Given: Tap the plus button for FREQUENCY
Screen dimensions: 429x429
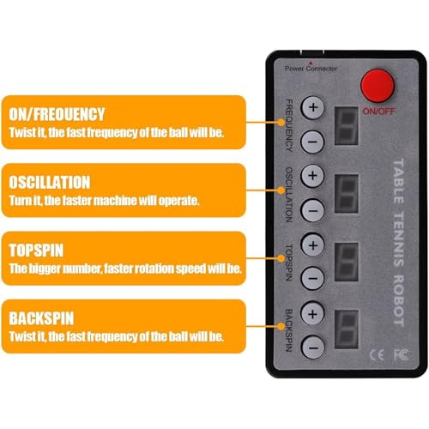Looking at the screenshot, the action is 313,107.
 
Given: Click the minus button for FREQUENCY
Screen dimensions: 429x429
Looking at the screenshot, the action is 313,142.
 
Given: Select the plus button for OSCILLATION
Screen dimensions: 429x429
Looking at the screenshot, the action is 313,176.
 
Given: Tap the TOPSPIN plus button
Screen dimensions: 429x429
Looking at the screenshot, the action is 313,245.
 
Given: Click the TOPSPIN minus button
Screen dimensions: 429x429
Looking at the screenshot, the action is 313,278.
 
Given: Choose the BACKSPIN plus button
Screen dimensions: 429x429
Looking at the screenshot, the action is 313,313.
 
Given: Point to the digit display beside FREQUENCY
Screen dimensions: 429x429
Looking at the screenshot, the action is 347,126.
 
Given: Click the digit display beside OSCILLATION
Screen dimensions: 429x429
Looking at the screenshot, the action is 347,194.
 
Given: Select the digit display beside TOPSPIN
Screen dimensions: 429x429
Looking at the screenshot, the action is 347,262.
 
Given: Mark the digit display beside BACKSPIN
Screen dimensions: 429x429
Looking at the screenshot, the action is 347,329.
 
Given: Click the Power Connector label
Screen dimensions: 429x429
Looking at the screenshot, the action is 311,69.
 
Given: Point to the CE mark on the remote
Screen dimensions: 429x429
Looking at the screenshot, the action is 377,355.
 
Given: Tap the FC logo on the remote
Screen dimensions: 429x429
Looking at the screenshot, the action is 402,354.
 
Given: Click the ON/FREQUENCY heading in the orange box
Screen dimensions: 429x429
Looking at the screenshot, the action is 57,114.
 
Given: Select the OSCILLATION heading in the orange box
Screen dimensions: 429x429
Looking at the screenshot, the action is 50,182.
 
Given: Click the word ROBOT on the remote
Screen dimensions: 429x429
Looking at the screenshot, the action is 398,300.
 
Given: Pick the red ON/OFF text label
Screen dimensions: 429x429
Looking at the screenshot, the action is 378,112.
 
